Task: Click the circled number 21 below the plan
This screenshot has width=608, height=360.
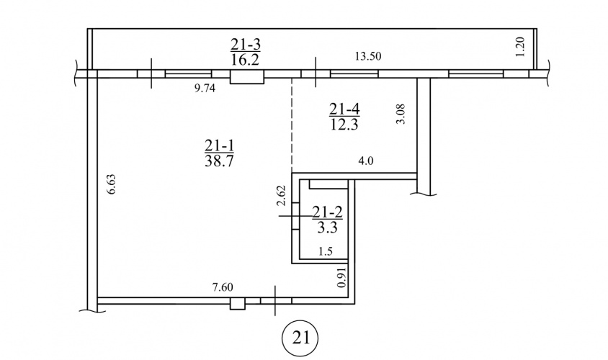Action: pos(300,338)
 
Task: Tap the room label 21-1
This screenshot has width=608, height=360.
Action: pos(220,145)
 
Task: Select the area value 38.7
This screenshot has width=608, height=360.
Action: pos(220,160)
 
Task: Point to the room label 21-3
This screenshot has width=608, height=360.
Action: pos(246,45)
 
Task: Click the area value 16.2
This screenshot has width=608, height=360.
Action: pos(246,60)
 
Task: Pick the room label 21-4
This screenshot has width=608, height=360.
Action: pos(344,109)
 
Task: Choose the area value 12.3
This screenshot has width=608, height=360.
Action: pos(344,125)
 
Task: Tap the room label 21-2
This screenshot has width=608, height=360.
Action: pos(328,212)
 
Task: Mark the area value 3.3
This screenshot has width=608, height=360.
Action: pos(327,227)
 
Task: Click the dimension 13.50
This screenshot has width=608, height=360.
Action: pos(368,56)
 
